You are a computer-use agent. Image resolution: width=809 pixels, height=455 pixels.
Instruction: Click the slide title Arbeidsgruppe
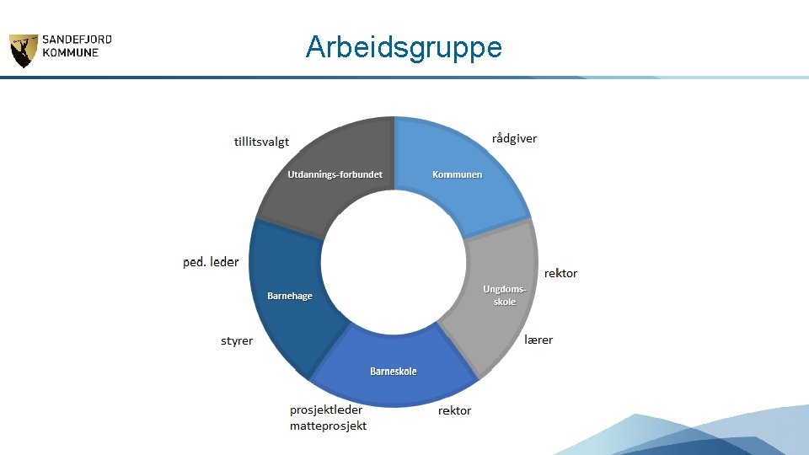[404, 47]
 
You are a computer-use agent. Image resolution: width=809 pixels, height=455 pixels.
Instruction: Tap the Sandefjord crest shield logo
[23, 51]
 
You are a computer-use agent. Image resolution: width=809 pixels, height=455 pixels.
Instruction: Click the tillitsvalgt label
[261, 142]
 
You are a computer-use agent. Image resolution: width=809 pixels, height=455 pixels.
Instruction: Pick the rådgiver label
[514, 138]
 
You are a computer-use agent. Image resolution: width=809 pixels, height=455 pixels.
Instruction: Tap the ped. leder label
[211, 262]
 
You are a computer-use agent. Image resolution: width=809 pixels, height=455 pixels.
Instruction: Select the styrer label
[237, 341]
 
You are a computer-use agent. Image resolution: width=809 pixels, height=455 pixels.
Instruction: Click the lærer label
[538, 340]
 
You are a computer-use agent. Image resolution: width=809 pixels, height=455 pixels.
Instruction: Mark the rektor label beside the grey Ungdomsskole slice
[560, 273]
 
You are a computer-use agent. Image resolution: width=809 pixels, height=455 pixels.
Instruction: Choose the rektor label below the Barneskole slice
[454, 410]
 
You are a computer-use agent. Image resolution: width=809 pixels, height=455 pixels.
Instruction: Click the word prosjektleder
[326, 409]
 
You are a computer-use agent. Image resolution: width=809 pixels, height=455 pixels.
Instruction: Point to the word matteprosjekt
[328, 426]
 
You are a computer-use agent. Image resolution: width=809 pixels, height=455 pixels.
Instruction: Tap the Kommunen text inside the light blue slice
[458, 174]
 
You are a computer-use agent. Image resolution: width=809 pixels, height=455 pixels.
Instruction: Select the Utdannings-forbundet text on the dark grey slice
[335, 174]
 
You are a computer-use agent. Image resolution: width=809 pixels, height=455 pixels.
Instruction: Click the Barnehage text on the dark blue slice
[289, 296]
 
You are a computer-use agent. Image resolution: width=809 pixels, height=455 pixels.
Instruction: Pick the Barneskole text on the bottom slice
[393, 371]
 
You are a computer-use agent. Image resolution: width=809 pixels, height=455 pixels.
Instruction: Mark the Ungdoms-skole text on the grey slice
[505, 295]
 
